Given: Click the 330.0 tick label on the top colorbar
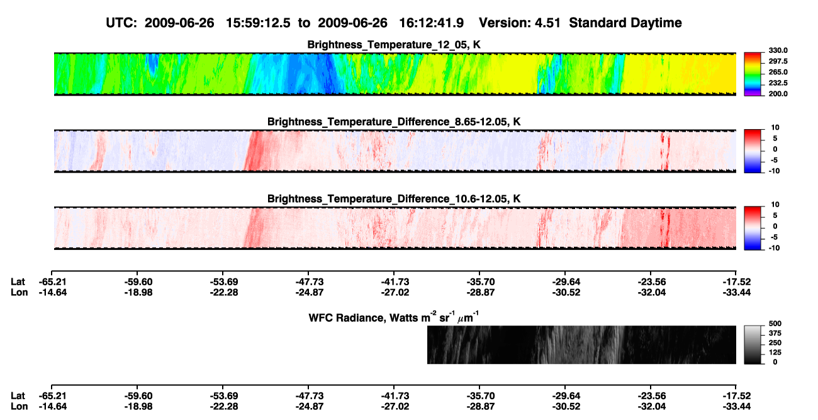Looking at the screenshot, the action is [x=778, y=50].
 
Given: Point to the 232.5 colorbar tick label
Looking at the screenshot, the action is [x=778, y=83].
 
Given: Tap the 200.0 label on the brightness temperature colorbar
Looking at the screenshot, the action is [x=778, y=94].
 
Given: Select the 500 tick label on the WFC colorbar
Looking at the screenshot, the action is [x=775, y=324].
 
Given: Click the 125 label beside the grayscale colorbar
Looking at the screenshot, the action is [x=775, y=353].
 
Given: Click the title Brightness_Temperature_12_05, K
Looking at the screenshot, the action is [x=394, y=45].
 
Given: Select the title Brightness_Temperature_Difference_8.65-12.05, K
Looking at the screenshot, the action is [x=394, y=122].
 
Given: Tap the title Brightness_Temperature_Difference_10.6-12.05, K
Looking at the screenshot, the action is [x=394, y=199].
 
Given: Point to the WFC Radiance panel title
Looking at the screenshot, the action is [x=394, y=317].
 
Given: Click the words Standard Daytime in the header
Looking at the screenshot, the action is [x=625, y=23].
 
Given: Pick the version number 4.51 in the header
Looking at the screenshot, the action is [x=547, y=23].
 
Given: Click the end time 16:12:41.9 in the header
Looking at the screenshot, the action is [x=431, y=23].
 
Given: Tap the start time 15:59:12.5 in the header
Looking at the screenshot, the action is [x=258, y=23].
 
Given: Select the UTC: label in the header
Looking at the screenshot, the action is [x=121, y=23].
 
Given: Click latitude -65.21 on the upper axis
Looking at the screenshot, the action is [x=53, y=282].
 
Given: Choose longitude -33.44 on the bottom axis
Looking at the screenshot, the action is [x=737, y=407].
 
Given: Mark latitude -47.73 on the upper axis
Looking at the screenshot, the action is [x=310, y=282].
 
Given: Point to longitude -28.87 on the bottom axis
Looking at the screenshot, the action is [x=480, y=407].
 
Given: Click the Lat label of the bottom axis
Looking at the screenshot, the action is [x=18, y=396].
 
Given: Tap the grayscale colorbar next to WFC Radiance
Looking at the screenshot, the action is [x=753, y=344].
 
